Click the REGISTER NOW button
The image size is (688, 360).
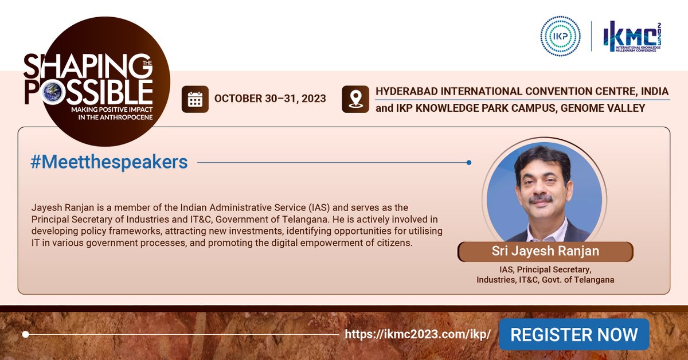click(573, 335)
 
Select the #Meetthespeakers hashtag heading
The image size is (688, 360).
click(109, 162)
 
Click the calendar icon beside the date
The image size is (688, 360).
click(195, 99)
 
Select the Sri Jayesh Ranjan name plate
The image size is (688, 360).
click(545, 252)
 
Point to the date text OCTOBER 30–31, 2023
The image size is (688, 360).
click(270, 99)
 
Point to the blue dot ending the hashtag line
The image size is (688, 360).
click(469, 163)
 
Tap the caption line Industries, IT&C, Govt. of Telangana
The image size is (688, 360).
click(545, 280)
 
